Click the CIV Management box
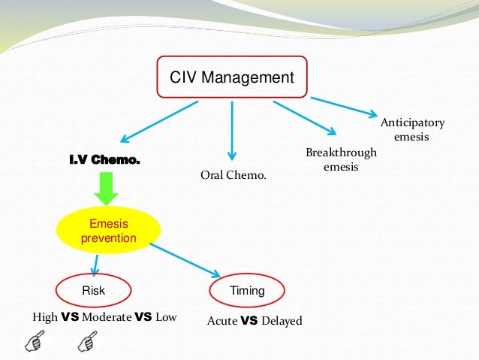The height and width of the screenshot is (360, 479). (231, 76)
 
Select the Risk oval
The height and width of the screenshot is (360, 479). (94, 290)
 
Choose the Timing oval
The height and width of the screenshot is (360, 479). (247, 290)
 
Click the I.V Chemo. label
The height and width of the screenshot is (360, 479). (104, 160)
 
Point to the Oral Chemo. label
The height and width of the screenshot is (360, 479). (233, 175)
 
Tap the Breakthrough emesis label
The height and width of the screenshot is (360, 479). (341, 160)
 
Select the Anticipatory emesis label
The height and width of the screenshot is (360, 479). (412, 130)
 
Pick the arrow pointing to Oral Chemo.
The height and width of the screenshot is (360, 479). (232, 132)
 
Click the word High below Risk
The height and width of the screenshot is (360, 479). (44, 317)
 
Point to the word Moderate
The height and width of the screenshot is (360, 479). (106, 317)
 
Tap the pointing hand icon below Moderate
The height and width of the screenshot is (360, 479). (88, 343)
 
